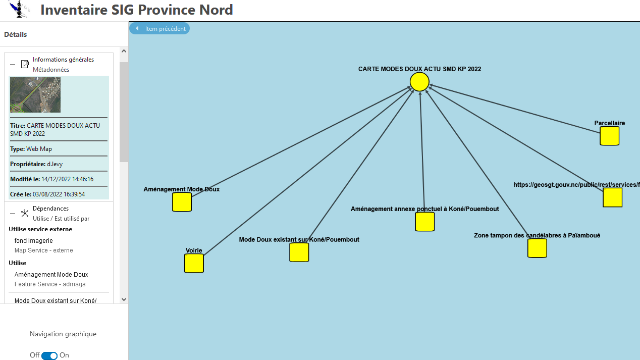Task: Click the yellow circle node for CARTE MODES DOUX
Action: pyautogui.click(x=419, y=81)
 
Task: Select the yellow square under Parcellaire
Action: pyautogui.click(x=609, y=136)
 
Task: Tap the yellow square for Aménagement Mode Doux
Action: pyautogui.click(x=182, y=202)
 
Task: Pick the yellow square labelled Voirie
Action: pyautogui.click(x=194, y=263)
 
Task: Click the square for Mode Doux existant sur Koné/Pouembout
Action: pyautogui.click(x=299, y=252)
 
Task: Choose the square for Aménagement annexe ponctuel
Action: pyautogui.click(x=424, y=222)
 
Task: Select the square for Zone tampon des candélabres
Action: pyautogui.click(x=537, y=248)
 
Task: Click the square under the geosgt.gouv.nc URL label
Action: pyautogui.click(x=612, y=197)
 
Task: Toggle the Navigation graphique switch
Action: pyautogui.click(x=49, y=355)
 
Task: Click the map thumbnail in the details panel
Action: pyautogui.click(x=35, y=95)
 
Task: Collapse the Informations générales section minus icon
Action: pyautogui.click(x=13, y=64)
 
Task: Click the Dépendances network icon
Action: pyautogui.click(x=25, y=213)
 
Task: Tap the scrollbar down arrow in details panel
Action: pyautogui.click(x=124, y=299)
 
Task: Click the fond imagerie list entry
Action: pyautogui.click(x=34, y=241)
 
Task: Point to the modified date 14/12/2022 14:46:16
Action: pyautogui.click(x=67, y=179)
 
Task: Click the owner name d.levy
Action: pyautogui.click(x=55, y=164)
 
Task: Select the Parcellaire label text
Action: pyautogui.click(x=609, y=123)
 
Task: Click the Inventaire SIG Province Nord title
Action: pyautogui.click(x=136, y=10)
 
